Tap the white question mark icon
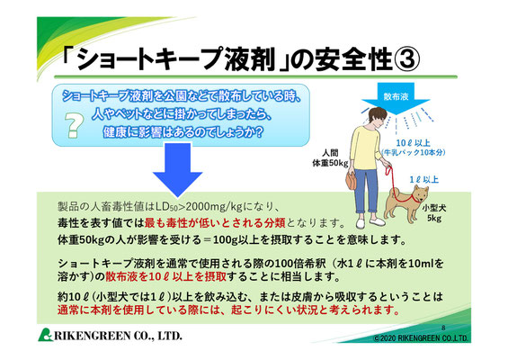75,125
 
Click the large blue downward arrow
177,169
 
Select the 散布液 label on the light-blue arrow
396,96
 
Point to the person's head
377,116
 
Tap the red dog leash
394,184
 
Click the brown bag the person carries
351,181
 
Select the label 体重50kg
329,163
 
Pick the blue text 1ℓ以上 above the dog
423,179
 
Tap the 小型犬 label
433,208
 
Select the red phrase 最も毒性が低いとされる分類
215,223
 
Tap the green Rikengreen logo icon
45,335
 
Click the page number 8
443,328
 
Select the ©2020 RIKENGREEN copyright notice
421,338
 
